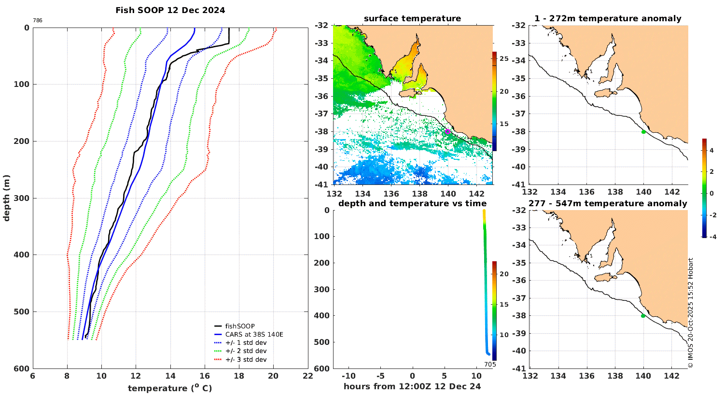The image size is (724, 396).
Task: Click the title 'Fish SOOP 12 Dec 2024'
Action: pos(170,10)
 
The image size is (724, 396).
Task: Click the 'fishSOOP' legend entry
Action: pos(240,326)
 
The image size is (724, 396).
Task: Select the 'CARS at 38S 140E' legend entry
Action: pos(254,334)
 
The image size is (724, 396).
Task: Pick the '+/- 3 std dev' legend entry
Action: pos(246,360)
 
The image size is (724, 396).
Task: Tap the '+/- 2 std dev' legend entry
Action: pos(246,351)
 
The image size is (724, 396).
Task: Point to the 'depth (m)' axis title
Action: pos(7,198)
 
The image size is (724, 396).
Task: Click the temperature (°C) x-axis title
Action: pos(170,388)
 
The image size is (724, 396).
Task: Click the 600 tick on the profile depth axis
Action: pos(21,368)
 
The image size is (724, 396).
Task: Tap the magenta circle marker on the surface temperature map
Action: pos(447,131)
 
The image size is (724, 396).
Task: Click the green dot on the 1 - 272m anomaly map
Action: pos(643,132)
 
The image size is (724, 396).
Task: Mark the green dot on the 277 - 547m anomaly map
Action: pos(643,316)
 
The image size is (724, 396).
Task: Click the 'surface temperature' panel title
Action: pos(412,19)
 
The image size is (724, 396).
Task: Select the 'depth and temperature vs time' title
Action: pos(412,203)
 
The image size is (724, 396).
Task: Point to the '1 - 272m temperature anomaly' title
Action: pos(608,19)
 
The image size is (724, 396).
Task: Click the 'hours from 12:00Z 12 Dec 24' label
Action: pos(412,386)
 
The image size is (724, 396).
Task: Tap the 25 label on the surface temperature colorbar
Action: pos(504,59)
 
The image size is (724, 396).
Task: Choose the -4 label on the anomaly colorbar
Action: pos(711,237)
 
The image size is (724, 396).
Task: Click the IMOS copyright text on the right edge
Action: pos(691,313)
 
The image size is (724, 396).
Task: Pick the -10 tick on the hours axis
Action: pos(348,376)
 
